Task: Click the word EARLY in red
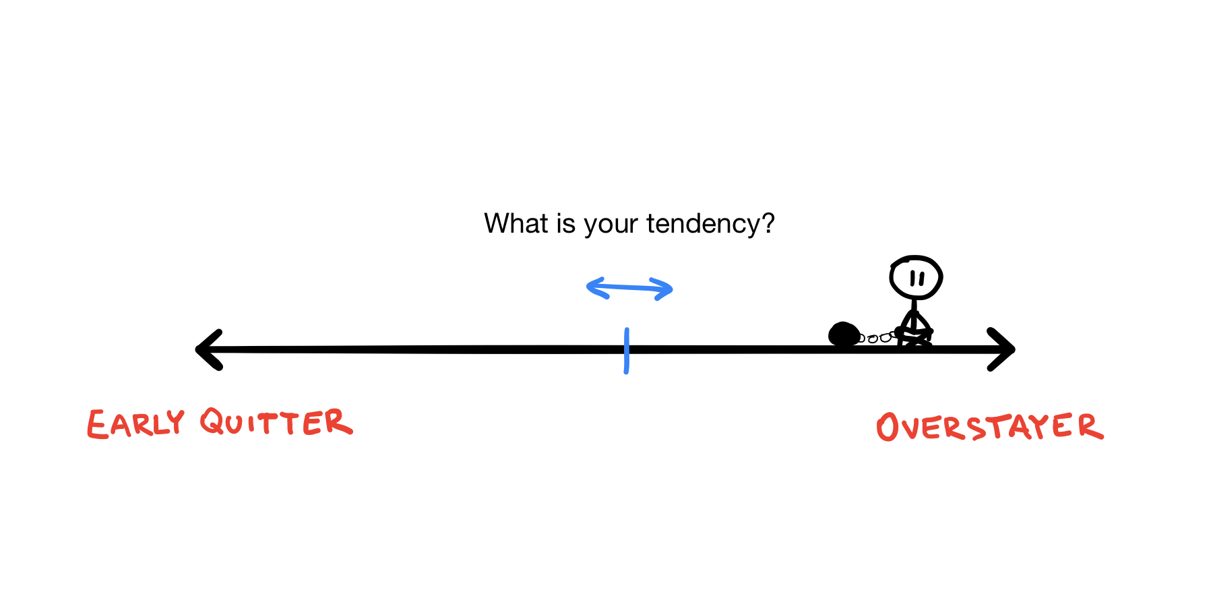pos(135,424)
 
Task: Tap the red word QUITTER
pos(276,423)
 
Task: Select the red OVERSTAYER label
pos(989,427)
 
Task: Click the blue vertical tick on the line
pos(627,351)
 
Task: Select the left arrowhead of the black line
pos(208,349)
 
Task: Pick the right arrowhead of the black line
pos(1003,349)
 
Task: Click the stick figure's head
pos(915,277)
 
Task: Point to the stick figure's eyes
pos(916,278)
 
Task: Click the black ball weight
pos(843,334)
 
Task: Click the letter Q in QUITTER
pos(213,422)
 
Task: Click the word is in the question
pos(565,223)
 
